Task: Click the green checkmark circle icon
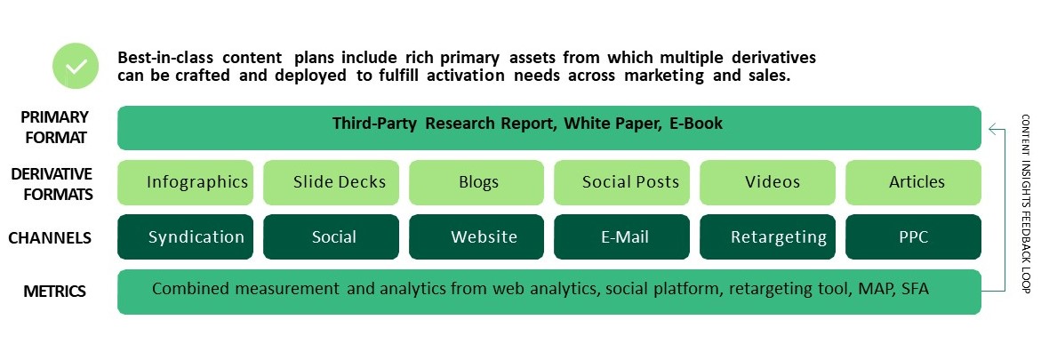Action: click(x=76, y=65)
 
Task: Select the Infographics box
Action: click(x=185, y=182)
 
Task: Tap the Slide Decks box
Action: click(x=331, y=182)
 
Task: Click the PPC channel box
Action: click(x=913, y=237)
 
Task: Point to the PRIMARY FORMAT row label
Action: click(x=54, y=127)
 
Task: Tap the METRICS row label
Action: click(x=54, y=291)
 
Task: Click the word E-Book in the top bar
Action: click(x=696, y=124)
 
